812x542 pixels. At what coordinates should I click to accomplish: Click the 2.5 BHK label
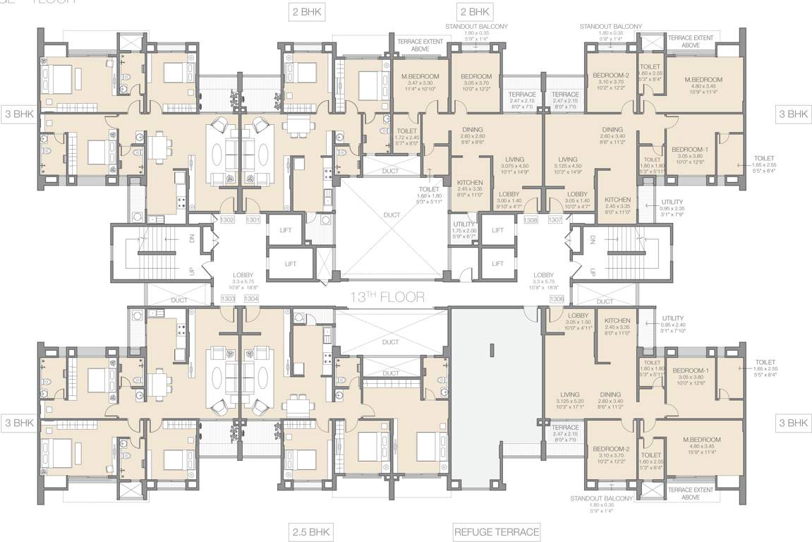coord(311,531)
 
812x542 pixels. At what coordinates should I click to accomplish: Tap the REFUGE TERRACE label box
coord(497,531)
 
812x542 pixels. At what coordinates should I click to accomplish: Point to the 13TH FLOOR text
coord(387,296)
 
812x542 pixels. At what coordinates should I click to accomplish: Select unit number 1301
coord(253,220)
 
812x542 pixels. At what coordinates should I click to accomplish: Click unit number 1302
coord(227,220)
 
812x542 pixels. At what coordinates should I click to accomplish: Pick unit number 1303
coord(227,299)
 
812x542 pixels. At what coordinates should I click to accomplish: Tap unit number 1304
coord(253,299)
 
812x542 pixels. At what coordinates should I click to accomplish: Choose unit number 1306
coord(557,299)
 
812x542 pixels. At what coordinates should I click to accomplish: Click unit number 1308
coord(531,220)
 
